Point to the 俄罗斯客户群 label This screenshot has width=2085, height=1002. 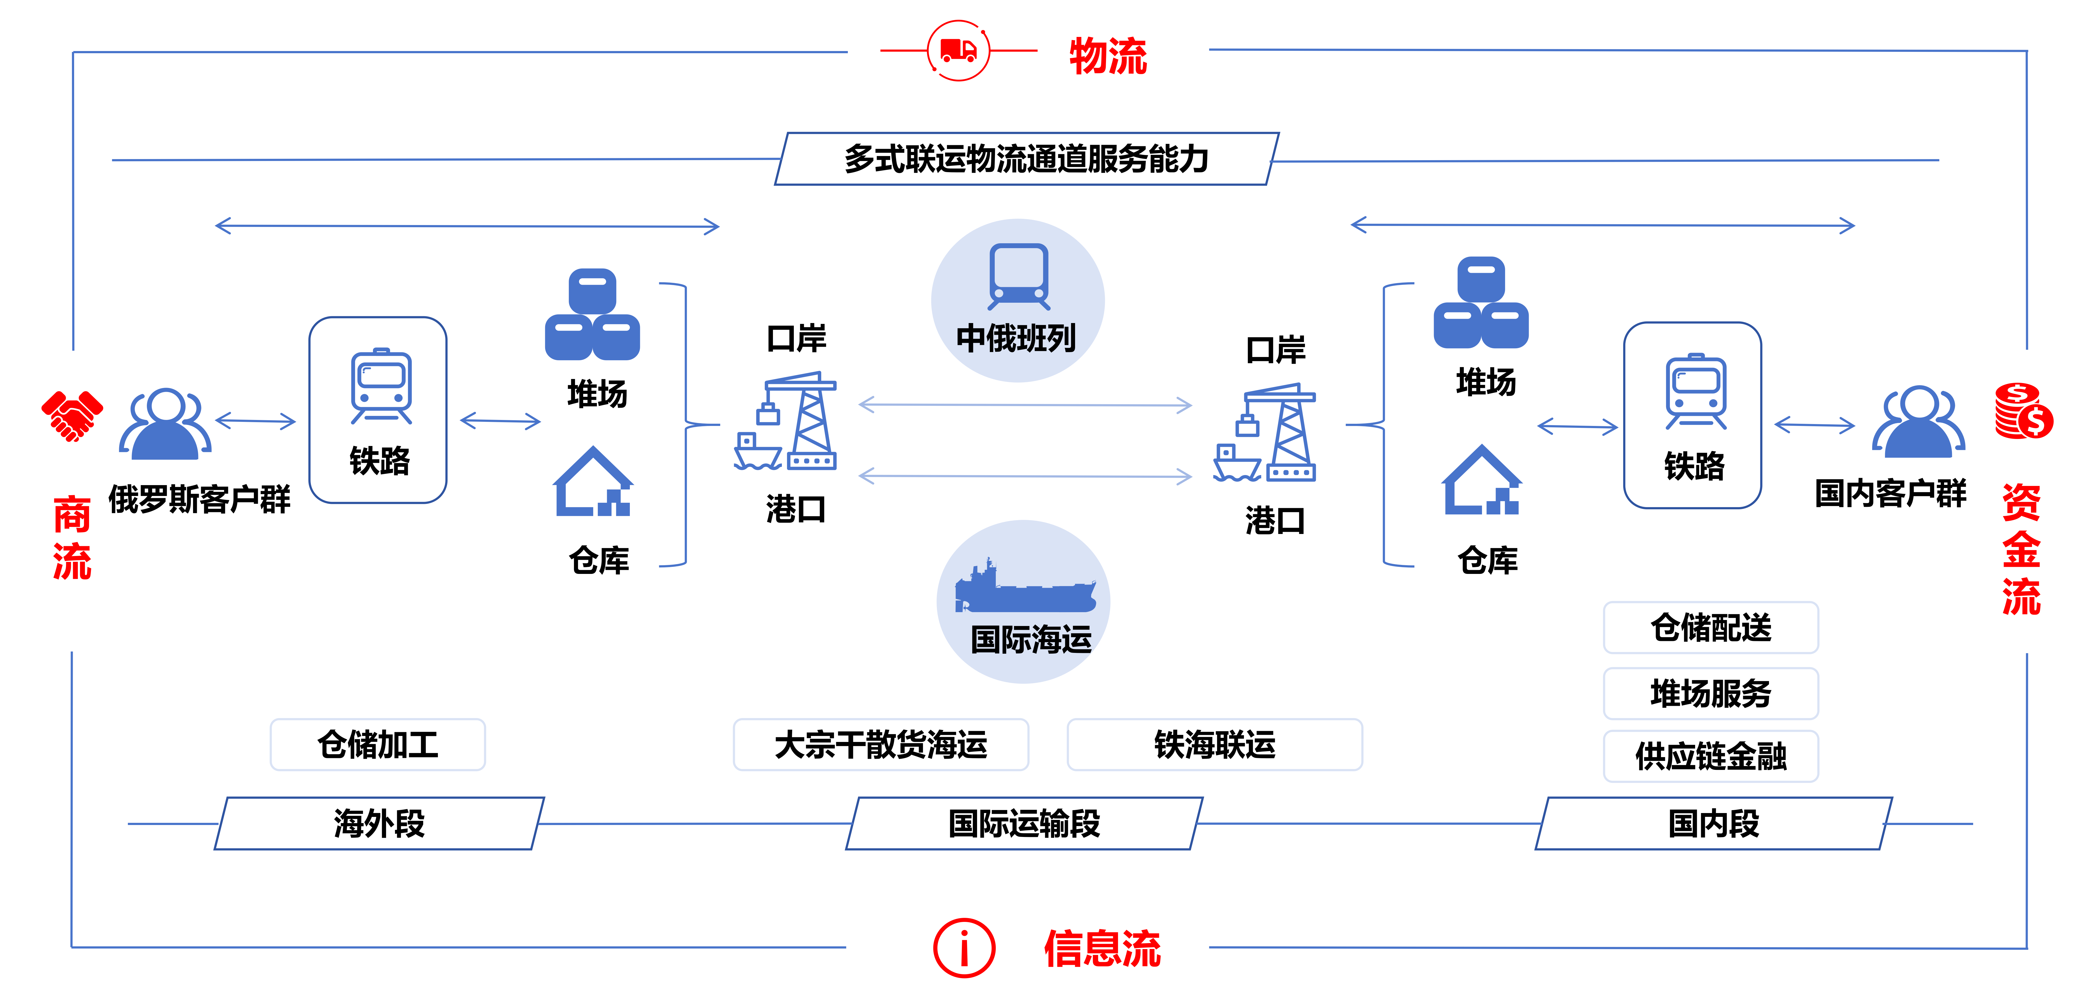[x=199, y=500]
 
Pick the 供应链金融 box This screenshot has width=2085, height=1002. [x=1710, y=756]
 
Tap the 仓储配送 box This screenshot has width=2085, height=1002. [x=1710, y=627]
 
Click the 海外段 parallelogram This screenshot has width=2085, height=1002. [x=379, y=823]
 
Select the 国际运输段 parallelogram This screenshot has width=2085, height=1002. [x=1024, y=823]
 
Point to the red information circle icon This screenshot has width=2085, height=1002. [x=964, y=948]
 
